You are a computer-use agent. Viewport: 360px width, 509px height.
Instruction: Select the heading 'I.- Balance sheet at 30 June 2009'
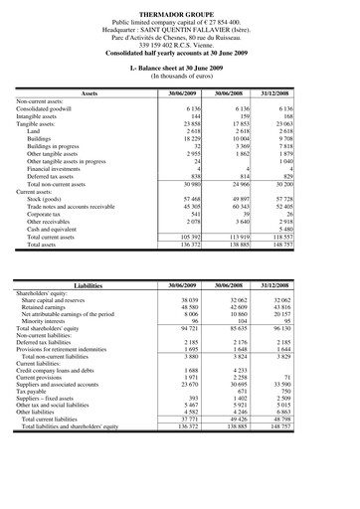[179, 65]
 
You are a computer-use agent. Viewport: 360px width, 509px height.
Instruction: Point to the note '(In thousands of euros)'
[179, 75]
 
